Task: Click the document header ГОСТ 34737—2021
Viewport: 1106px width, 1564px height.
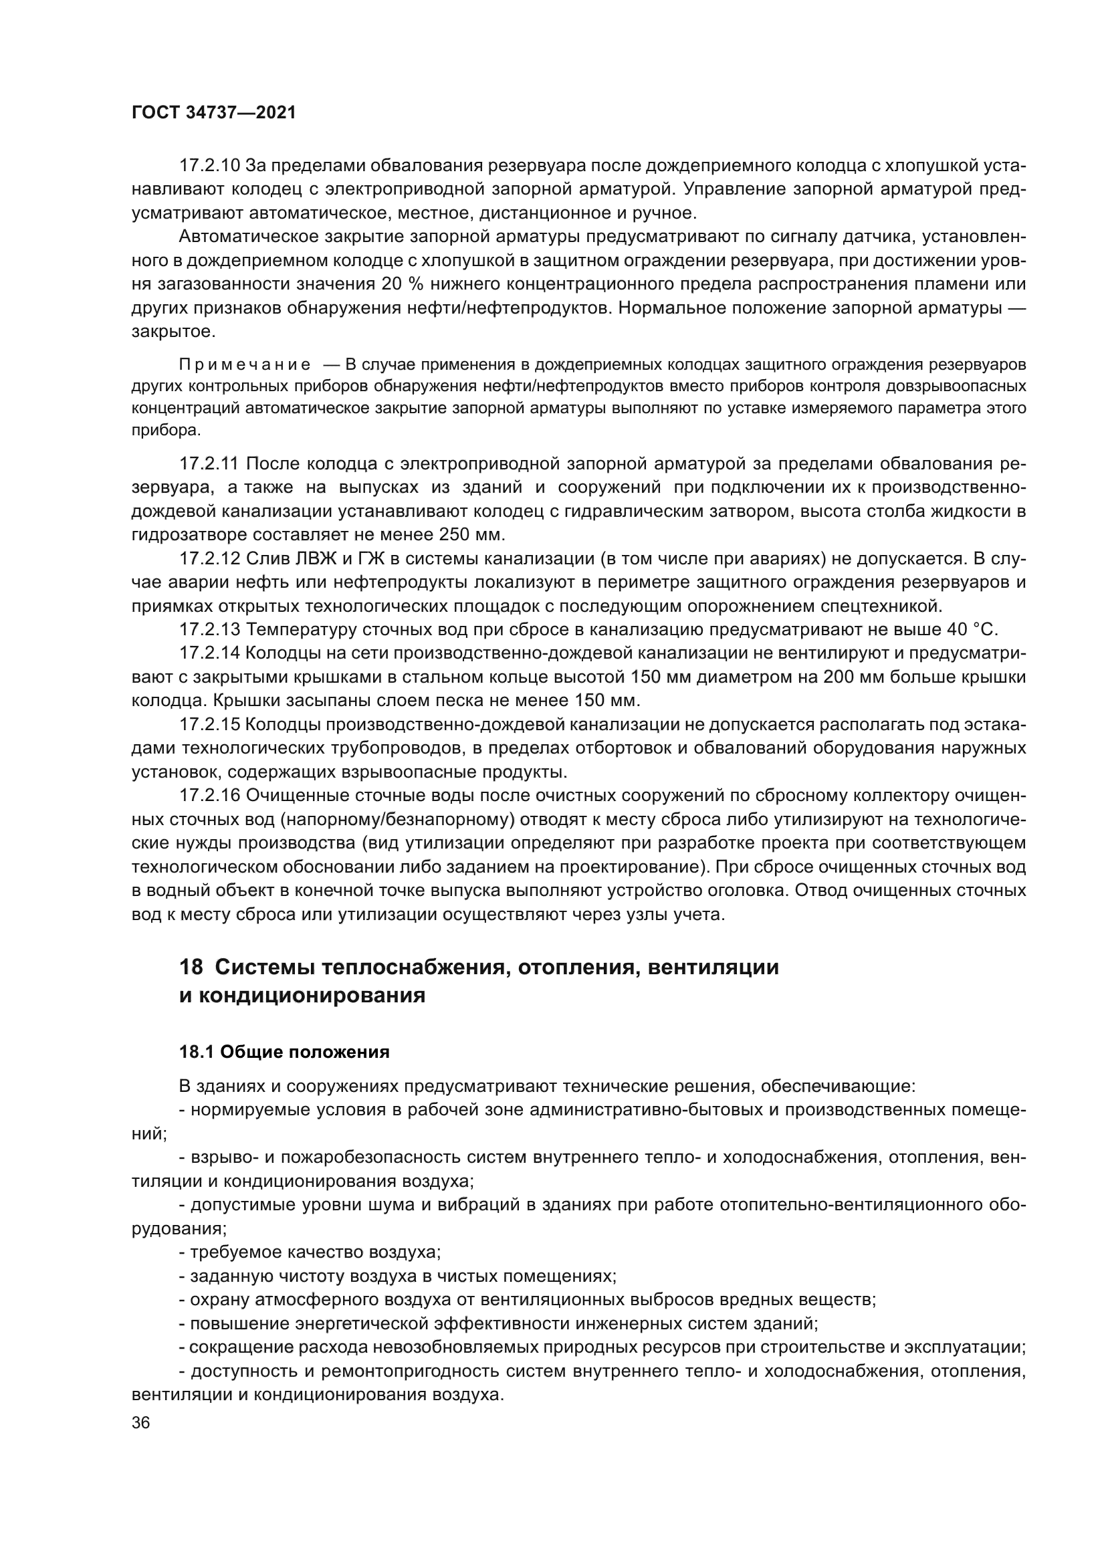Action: pos(213,113)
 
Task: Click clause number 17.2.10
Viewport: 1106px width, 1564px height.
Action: pos(209,166)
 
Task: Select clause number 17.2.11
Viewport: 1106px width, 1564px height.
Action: pos(209,464)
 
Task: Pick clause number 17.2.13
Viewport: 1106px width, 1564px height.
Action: pos(209,629)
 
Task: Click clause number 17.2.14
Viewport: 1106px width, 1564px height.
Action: pos(209,653)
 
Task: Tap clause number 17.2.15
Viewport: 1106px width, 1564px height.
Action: pos(209,724)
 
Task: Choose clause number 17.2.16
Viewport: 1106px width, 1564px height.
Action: pos(209,795)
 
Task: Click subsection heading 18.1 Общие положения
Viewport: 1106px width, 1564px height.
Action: pos(284,1052)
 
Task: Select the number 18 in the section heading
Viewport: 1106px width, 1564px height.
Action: pos(190,967)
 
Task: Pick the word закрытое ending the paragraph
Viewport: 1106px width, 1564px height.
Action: pos(174,332)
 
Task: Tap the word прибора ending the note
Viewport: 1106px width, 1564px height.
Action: pos(167,431)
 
